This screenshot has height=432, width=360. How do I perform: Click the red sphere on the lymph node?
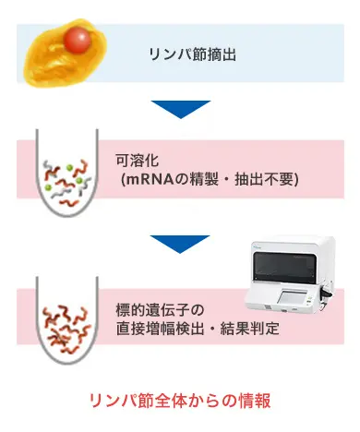[78, 40]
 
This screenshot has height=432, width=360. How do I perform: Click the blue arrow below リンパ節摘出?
[180, 109]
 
